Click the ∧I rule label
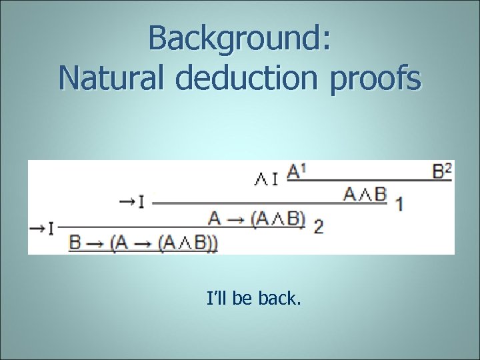[267, 177]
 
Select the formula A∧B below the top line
[365, 194]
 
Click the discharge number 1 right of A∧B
[399, 203]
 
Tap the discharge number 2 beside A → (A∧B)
[318, 227]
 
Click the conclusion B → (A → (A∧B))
[143, 243]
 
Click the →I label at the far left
[41, 228]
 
